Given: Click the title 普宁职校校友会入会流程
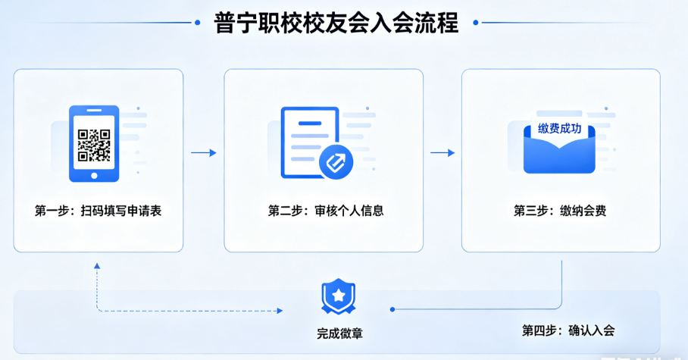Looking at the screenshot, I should (336, 23).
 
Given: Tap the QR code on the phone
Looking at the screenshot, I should (94, 146).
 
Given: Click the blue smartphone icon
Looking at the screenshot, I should (94, 143).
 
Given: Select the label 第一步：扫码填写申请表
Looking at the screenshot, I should (99, 211).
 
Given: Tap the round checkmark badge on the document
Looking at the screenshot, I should (336, 161).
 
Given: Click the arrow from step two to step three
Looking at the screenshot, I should (443, 153).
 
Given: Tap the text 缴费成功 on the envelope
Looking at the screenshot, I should (559, 129).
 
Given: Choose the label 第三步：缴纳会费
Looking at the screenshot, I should (560, 211).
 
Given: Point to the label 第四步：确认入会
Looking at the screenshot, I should (568, 330).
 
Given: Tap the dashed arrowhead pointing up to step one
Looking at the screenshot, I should (96, 267).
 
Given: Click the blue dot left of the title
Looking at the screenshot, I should (198, 23).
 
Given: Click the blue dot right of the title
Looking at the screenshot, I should (476, 23).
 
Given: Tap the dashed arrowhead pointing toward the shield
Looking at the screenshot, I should (280, 311).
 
